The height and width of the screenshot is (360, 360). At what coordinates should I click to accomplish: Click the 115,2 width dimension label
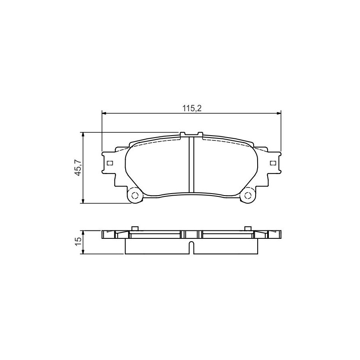(x=192, y=108)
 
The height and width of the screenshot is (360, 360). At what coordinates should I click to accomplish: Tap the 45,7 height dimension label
(x=78, y=168)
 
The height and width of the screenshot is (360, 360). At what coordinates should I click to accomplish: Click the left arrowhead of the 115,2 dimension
(x=104, y=113)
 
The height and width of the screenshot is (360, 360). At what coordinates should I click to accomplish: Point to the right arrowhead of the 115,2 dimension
(x=278, y=113)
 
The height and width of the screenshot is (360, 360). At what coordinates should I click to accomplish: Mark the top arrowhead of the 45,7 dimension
(x=84, y=135)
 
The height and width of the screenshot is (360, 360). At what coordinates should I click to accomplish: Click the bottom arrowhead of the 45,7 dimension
(x=84, y=200)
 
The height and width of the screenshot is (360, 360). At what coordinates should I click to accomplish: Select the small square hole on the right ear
(x=273, y=163)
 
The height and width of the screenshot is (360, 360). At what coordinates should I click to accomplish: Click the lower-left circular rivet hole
(x=135, y=195)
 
